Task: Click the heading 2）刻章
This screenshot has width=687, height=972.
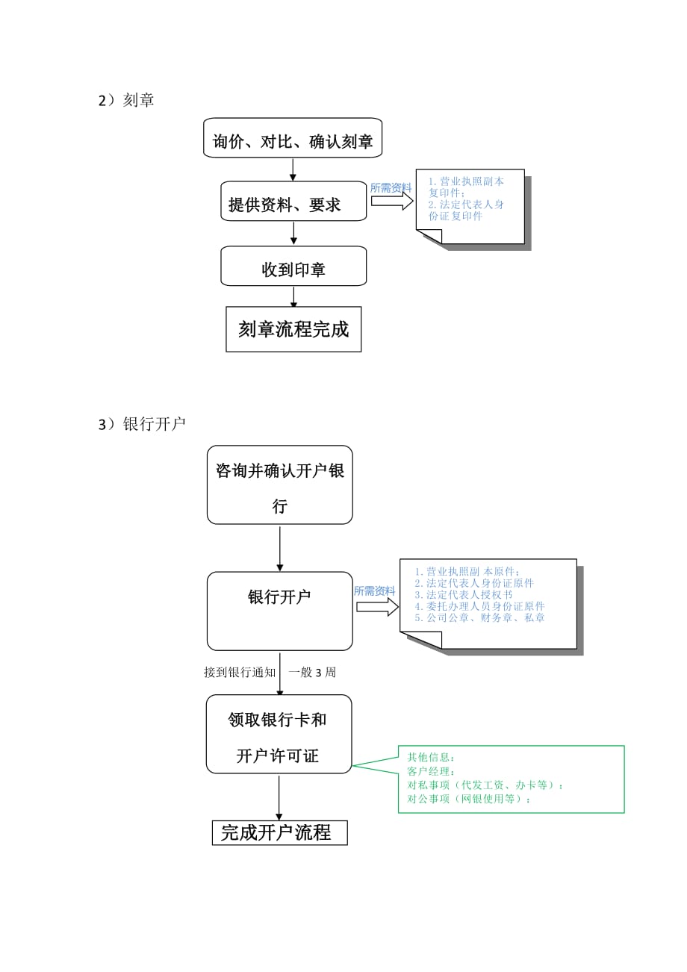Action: click(126, 101)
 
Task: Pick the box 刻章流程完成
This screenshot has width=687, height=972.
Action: click(293, 329)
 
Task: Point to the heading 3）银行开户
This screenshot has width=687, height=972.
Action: click(142, 425)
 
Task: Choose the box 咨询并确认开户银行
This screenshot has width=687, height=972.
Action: click(280, 485)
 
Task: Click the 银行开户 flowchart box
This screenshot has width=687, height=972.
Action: click(279, 611)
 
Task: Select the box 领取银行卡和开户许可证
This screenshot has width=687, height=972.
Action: click(278, 735)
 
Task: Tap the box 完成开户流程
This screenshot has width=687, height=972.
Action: click(280, 833)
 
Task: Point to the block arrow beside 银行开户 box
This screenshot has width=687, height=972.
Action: click(377, 607)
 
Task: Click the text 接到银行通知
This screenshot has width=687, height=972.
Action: click(240, 673)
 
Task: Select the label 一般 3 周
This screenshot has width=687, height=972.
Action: click(312, 673)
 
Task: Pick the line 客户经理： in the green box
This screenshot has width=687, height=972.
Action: click(432, 771)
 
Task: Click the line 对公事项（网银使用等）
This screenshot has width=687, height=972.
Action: click(469, 799)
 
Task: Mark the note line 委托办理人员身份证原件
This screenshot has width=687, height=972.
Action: click(479, 606)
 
